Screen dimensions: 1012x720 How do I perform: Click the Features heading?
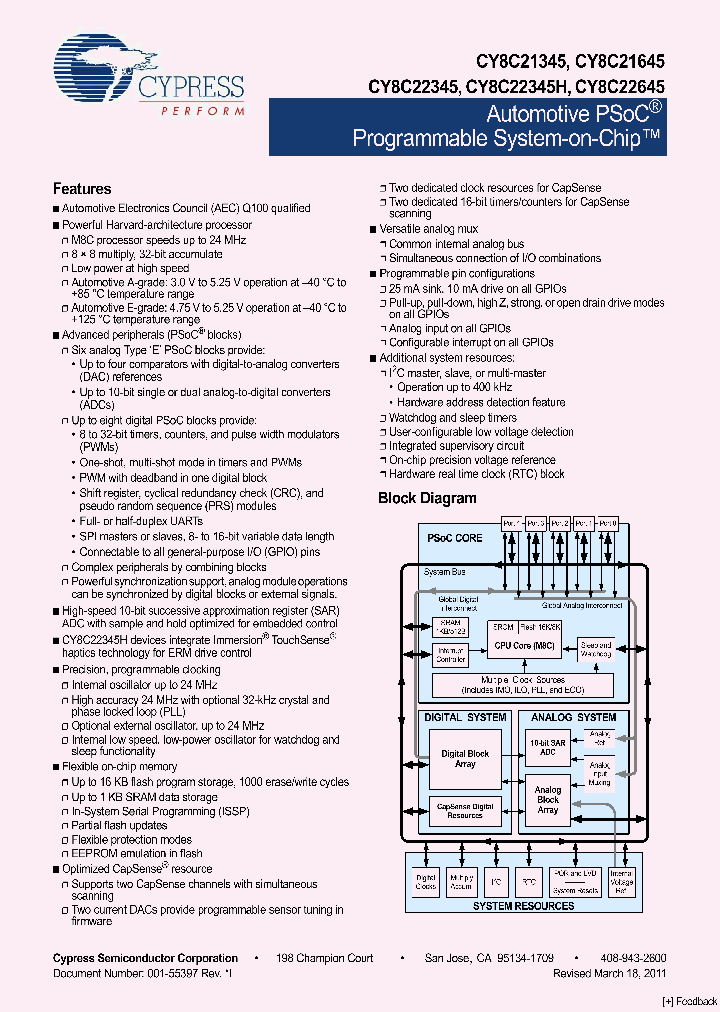pos(82,188)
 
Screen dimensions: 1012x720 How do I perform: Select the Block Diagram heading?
pos(427,498)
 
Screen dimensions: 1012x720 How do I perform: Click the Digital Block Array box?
pos(465,758)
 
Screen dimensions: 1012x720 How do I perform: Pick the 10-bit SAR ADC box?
pos(547,747)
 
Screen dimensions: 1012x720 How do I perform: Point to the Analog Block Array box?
pos(547,800)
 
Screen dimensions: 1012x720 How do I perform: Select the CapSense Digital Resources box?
pos(465,811)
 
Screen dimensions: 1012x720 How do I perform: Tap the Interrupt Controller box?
pos(451,654)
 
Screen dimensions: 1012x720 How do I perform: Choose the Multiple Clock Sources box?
pos(521,685)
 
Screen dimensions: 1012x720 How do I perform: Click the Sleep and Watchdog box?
pos(596,649)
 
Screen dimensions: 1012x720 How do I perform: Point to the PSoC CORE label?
pos(454,538)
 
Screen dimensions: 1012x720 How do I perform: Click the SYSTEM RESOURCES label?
pos(523,906)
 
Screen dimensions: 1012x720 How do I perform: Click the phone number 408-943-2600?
pos(636,958)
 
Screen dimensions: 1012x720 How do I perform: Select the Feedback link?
pos(689,1001)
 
